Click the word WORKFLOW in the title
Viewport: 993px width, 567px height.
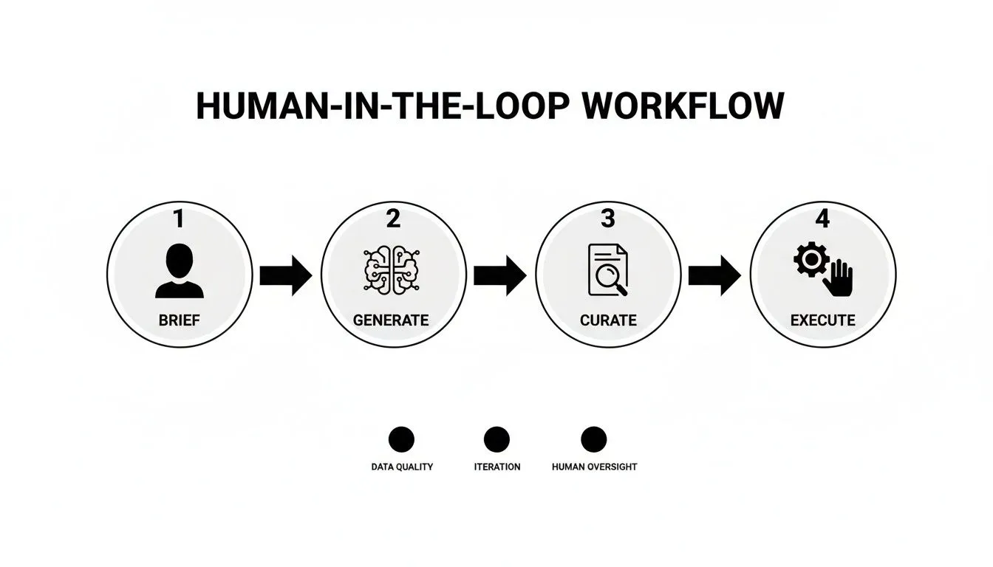pos(683,106)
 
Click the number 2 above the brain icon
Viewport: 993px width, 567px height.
pos(392,219)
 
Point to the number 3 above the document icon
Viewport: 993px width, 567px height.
pos(607,219)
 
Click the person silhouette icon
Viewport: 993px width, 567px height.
pos(179,272)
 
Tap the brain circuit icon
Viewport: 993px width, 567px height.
pos(392,271)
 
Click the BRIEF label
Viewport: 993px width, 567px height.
pos(179,320)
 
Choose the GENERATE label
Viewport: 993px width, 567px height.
pos(391,320)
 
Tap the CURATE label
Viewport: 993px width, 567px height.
pos(607,320)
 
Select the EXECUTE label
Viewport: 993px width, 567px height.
pos(822,320)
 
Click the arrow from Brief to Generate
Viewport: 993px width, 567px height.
pos(286,275)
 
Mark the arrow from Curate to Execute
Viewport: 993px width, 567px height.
pos(714,275)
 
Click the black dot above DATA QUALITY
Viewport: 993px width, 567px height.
pos(401,440)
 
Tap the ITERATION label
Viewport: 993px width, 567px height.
pos(496,467)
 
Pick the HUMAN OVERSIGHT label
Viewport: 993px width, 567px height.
pos(594,467)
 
